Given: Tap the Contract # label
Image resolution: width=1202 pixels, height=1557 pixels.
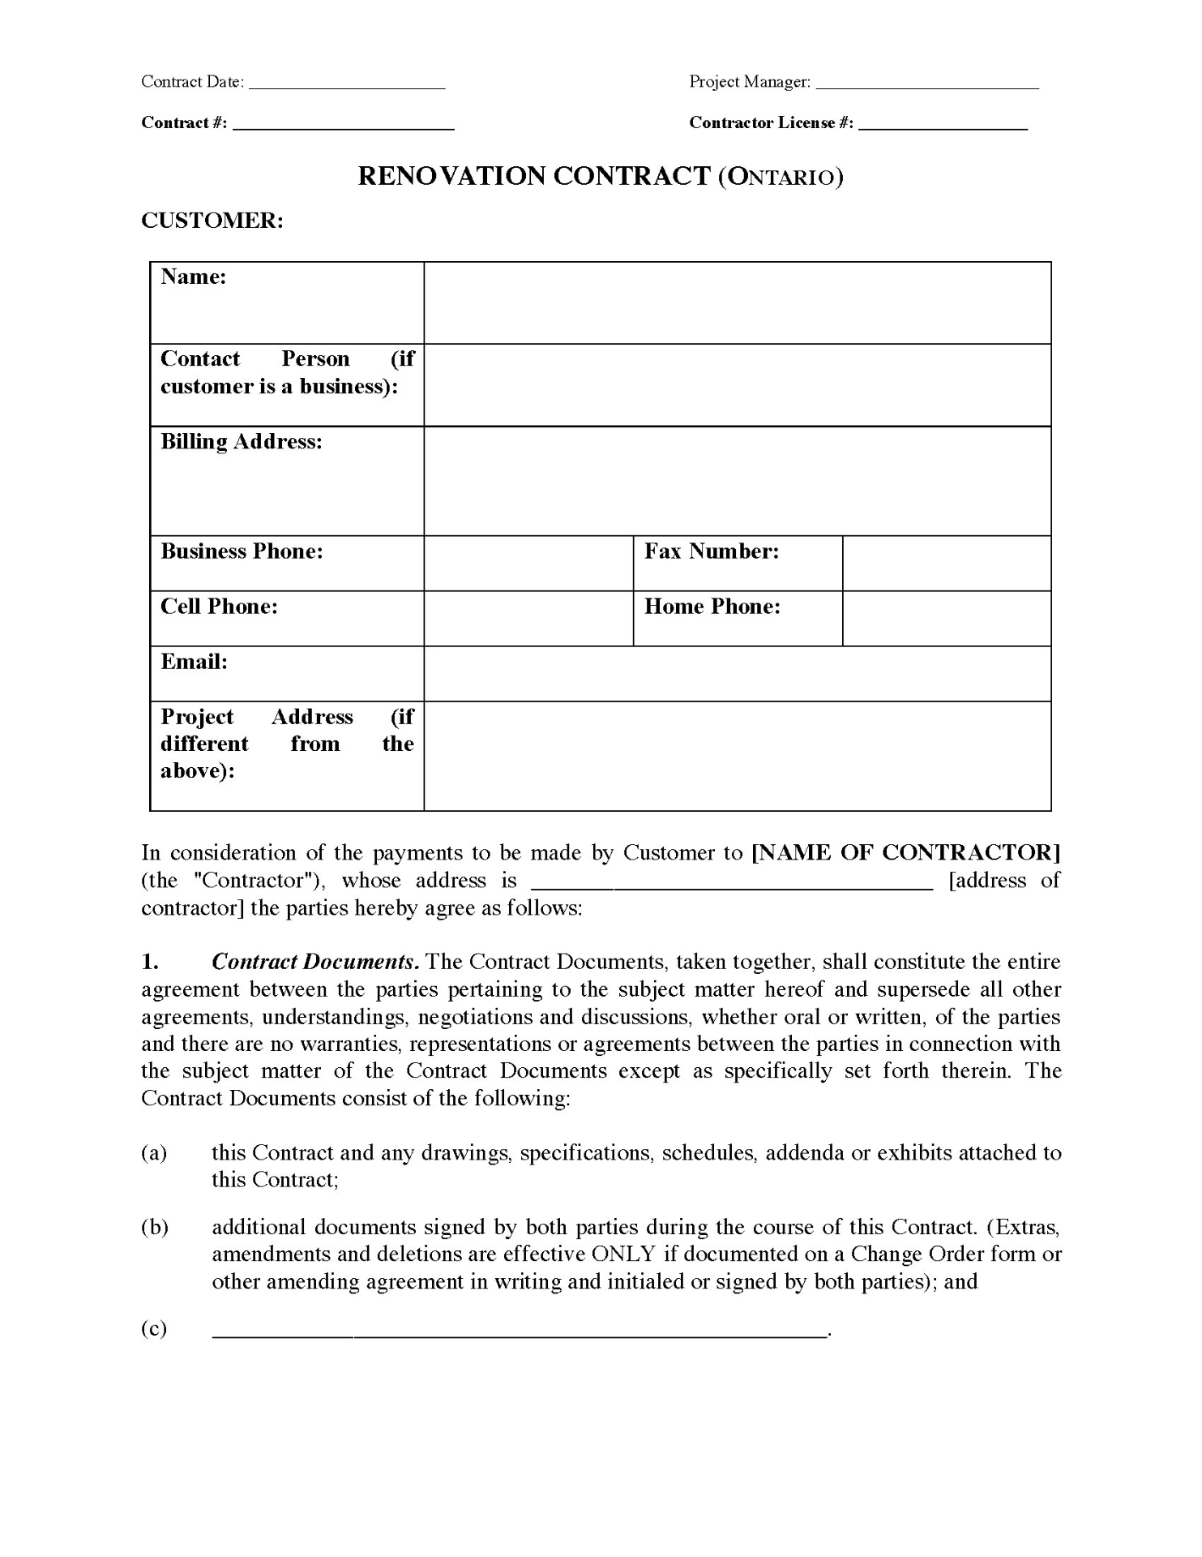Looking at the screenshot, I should coord(184,123).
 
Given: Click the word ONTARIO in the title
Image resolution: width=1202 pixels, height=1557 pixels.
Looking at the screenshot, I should coord(781,178).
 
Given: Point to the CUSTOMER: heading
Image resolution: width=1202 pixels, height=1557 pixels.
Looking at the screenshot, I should coord(212,221).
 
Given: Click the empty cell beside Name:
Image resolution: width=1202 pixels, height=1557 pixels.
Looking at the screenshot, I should coord(738,303).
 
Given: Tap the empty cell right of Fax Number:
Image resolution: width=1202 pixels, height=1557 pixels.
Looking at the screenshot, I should coord(947,564).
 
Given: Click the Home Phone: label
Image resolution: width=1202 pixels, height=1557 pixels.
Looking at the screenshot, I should coord(712,607).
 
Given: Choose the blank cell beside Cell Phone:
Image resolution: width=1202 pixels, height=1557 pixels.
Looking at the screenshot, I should coord(528,619).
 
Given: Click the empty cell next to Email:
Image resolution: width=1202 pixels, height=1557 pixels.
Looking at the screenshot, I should coord(738,674).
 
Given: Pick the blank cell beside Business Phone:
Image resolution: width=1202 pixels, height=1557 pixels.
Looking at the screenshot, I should coord(528,564).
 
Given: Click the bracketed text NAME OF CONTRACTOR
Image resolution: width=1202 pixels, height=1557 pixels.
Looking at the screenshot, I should coord(906,853).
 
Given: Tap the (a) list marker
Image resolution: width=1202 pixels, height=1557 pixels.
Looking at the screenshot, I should coord(154,1153).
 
